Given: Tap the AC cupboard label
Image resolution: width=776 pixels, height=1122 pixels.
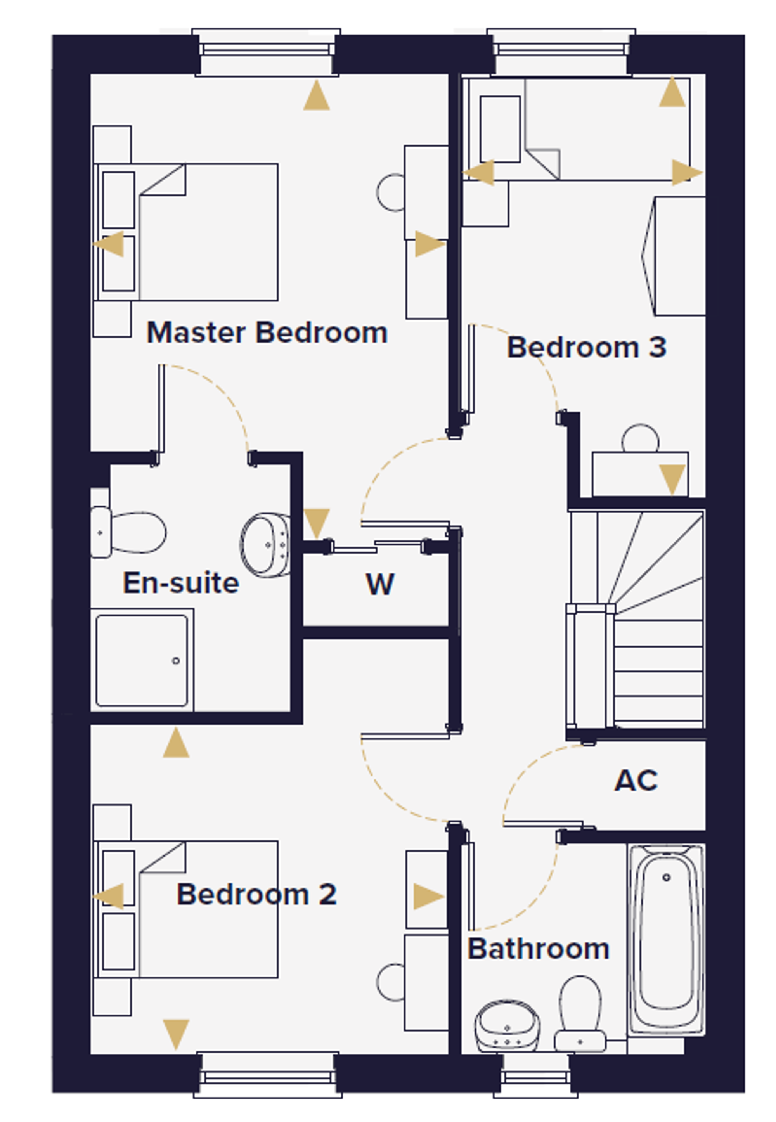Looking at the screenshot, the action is click(636, 780).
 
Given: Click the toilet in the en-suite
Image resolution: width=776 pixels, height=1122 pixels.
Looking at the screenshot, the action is click(128, 532).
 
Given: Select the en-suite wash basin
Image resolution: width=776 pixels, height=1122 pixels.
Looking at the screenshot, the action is click(265, 544).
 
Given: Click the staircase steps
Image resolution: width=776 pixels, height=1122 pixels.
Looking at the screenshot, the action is click(636, 620).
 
